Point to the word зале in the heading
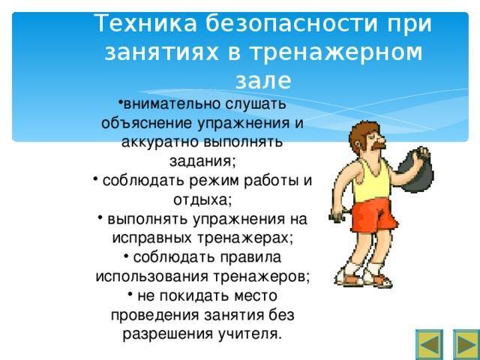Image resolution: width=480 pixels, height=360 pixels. pyautogui.click(x=262, y=79)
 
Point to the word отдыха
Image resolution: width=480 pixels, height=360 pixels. pyautogui.click(x=202, y=200)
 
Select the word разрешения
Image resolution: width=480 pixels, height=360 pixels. pyautogui.click(x=166, y=333)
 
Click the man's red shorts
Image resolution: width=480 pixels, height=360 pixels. pyautogui.click(x=373, y=214)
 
